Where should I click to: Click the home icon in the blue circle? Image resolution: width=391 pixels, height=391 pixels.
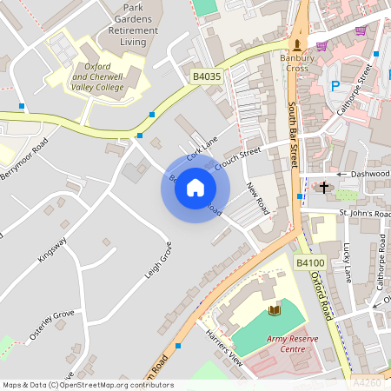coord(195,188)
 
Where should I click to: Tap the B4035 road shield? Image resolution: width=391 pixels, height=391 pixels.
coord(206,78)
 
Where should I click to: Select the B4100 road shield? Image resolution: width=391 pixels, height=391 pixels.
coord(309,262)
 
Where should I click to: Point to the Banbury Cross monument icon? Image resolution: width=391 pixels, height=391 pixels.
coord(298,44)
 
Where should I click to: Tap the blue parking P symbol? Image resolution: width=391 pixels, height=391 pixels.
coord(335,86)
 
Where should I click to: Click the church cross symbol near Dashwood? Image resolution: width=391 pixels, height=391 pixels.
coord(324,187)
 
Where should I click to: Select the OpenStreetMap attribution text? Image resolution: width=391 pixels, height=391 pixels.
coord(88,384)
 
